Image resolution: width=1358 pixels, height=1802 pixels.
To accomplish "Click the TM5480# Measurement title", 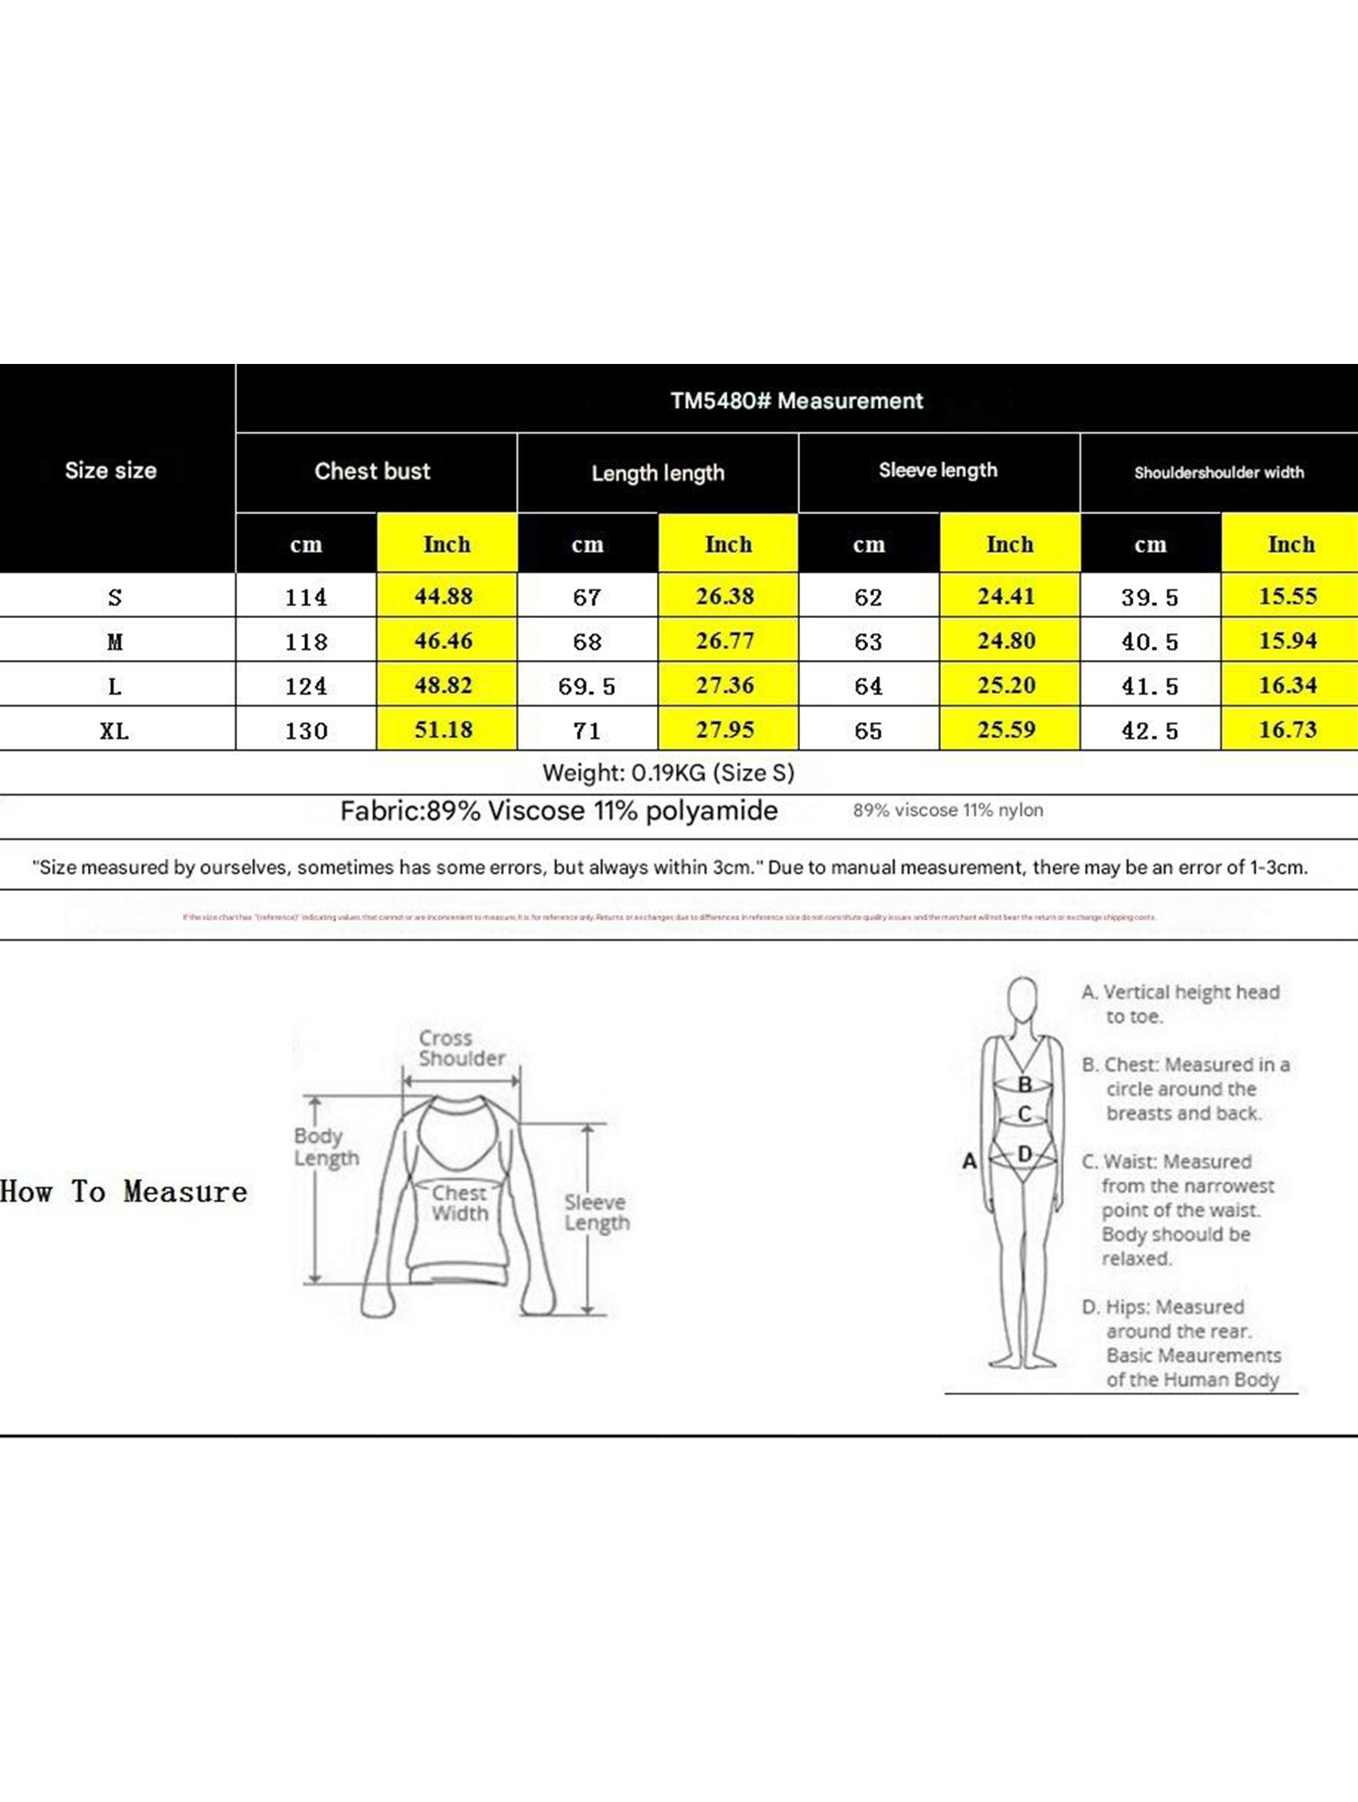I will pos(796,401).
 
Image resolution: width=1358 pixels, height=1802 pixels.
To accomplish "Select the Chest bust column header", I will pos(372,471).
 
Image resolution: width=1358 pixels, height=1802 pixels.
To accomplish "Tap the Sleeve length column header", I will pos(937,470).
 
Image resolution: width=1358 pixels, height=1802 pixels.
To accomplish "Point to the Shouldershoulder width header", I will pos(1219,473).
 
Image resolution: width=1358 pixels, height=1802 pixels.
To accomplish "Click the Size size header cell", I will pos(111,470).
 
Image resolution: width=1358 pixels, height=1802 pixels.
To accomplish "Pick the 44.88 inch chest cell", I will pos(444,597).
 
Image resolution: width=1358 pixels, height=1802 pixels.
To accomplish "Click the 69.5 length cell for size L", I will pos(586,687).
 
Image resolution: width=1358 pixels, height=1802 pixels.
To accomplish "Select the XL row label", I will pos(115,731).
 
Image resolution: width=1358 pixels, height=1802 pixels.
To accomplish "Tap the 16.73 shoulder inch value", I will pos(1287,730).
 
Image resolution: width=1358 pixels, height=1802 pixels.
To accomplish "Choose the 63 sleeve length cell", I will pos(868,642).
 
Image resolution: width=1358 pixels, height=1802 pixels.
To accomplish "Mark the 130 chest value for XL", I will pos(306,731).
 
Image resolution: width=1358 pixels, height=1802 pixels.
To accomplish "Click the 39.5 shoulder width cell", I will pos(1149,598).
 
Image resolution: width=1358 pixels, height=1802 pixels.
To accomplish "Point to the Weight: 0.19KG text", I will pos(668,773).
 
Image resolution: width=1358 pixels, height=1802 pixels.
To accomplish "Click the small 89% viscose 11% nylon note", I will pos(947,810).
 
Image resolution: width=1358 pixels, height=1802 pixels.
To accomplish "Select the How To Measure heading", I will pos(124,1192).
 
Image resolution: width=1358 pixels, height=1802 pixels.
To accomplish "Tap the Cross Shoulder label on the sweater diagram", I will pos(461,1049).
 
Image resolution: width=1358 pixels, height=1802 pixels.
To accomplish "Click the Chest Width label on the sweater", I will pos(459,1203).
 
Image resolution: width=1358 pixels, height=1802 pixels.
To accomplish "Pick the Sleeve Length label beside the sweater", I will pos(597,1213).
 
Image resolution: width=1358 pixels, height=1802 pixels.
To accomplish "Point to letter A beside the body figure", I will pos(969,1161).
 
